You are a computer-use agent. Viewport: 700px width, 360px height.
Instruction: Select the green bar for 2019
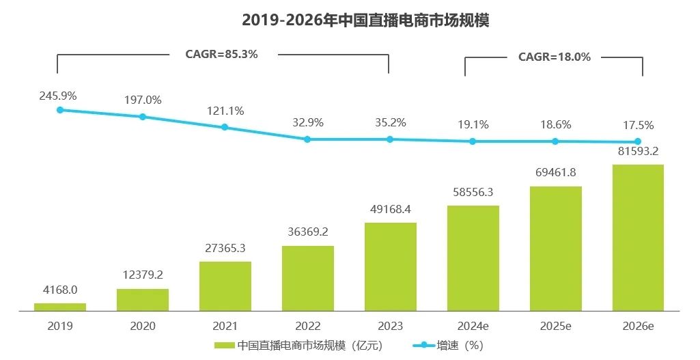tap(60, 307)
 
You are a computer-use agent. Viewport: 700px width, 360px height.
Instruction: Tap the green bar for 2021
tap(225, 286)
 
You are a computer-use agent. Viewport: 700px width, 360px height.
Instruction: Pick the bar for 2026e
tap(638, 238)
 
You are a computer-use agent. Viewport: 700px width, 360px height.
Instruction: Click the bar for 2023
tap(391, 266)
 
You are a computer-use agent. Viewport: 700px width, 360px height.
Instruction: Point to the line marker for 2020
tap(143, 117)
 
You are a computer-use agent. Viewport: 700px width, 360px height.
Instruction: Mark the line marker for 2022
tap(307, 139)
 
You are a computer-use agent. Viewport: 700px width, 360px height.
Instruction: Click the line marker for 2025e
tap(555, 141)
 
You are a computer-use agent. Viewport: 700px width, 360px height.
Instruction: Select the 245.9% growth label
tap(58, 96)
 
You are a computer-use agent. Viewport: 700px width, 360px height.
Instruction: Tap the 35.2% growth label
tap(390, 123)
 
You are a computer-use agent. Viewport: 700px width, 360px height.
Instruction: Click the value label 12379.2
tap(143, 275)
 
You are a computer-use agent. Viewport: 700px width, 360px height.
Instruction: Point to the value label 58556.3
tap(473, 192)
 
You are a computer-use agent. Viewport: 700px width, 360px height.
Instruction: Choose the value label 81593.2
tap(638, 151)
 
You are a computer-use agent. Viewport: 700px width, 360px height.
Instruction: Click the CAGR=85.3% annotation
tap(222, 54)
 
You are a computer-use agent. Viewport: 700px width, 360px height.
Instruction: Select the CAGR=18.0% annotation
tap(554, 57)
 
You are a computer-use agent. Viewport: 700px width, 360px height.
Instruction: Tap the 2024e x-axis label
tap(473, 327)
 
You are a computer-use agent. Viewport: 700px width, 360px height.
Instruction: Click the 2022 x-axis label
tap(307, 327)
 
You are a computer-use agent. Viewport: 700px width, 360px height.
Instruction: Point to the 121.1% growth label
tap(225, 111)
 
